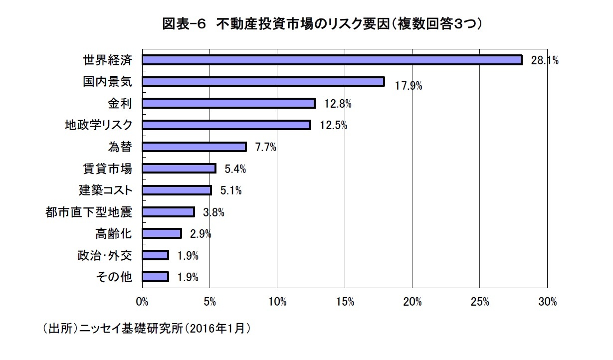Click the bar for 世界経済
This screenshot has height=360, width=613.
332,60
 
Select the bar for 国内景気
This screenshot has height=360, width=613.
263,82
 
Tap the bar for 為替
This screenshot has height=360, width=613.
194,147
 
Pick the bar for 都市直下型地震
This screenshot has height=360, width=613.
168,212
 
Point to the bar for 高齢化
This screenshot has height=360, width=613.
162,233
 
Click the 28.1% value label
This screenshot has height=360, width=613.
544,61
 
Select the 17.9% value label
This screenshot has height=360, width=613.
409,86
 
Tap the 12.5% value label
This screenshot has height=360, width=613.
333,125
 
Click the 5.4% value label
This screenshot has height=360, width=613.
235,169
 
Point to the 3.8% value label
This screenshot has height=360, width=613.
213,212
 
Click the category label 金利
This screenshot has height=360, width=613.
120,103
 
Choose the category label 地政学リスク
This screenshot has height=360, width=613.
98,125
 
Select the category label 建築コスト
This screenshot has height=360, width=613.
105,190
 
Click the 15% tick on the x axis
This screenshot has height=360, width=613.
345,302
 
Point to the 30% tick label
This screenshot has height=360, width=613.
547,302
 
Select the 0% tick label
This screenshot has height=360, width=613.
142,302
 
